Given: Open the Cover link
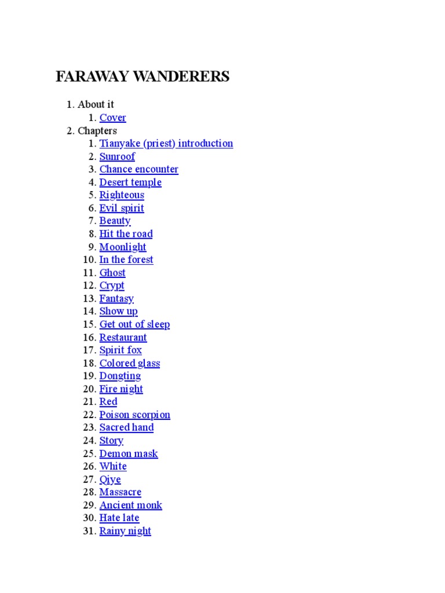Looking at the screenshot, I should point(112,118).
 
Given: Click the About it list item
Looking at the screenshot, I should point(96,104).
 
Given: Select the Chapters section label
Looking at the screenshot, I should point(97,131).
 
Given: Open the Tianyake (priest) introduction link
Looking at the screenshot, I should point(166,144).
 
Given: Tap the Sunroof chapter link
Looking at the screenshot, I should point(117,156).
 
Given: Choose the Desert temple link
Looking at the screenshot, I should point(130,182).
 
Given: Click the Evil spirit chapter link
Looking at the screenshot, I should point(122,208).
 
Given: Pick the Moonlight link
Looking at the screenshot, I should point(123,247).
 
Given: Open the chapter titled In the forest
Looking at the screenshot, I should point(126,260).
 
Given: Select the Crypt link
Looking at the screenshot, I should point(112,285).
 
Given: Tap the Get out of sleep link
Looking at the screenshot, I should point(134,324).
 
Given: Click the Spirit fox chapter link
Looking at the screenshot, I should point(121,350).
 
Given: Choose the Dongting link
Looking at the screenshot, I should point(120,376).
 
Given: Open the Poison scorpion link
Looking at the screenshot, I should point(134,415).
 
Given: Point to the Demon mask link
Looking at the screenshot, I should point(129,453).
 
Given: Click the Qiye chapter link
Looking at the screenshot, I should point(110,479).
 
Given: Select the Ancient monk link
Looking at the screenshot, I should point(130,505).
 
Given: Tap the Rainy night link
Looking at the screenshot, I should point(125,531).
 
